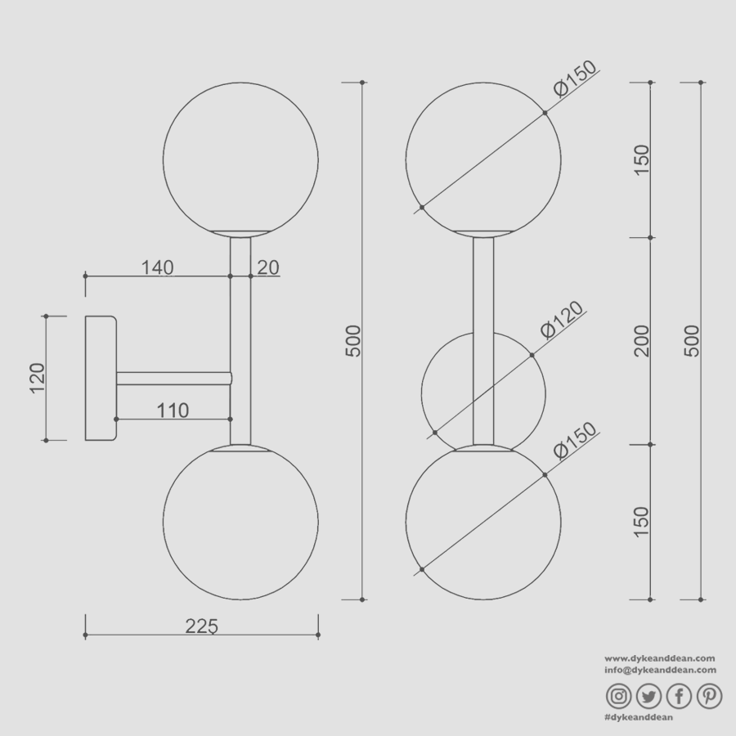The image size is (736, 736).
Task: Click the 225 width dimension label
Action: (x=201, y=626)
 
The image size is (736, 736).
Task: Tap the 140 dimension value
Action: (x=158, y=267)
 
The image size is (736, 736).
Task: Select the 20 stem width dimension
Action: (x=268, y=267)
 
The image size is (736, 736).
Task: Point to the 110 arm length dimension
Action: (x=173, y=410)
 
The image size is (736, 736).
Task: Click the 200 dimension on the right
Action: (x=641, y=341)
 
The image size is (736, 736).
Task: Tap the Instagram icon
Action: (x=619, y=696)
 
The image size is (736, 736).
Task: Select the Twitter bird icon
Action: (x=648, y=696)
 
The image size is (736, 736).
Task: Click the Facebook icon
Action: (x=680, y=696)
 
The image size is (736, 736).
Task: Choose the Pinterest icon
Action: (x=709, y=696)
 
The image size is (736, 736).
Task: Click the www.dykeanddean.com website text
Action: (x=660, y=657)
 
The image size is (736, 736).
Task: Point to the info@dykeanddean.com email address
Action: (x=660, y=669)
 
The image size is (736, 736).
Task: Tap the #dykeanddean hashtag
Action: (x=638, y=717)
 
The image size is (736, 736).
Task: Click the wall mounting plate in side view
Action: (x=100, y=378)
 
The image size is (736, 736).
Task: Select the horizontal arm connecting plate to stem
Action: (x=173, y=378)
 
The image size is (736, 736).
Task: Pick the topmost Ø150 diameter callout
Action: (x=575, y=79)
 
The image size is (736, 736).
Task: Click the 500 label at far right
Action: (x=692, y=341)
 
